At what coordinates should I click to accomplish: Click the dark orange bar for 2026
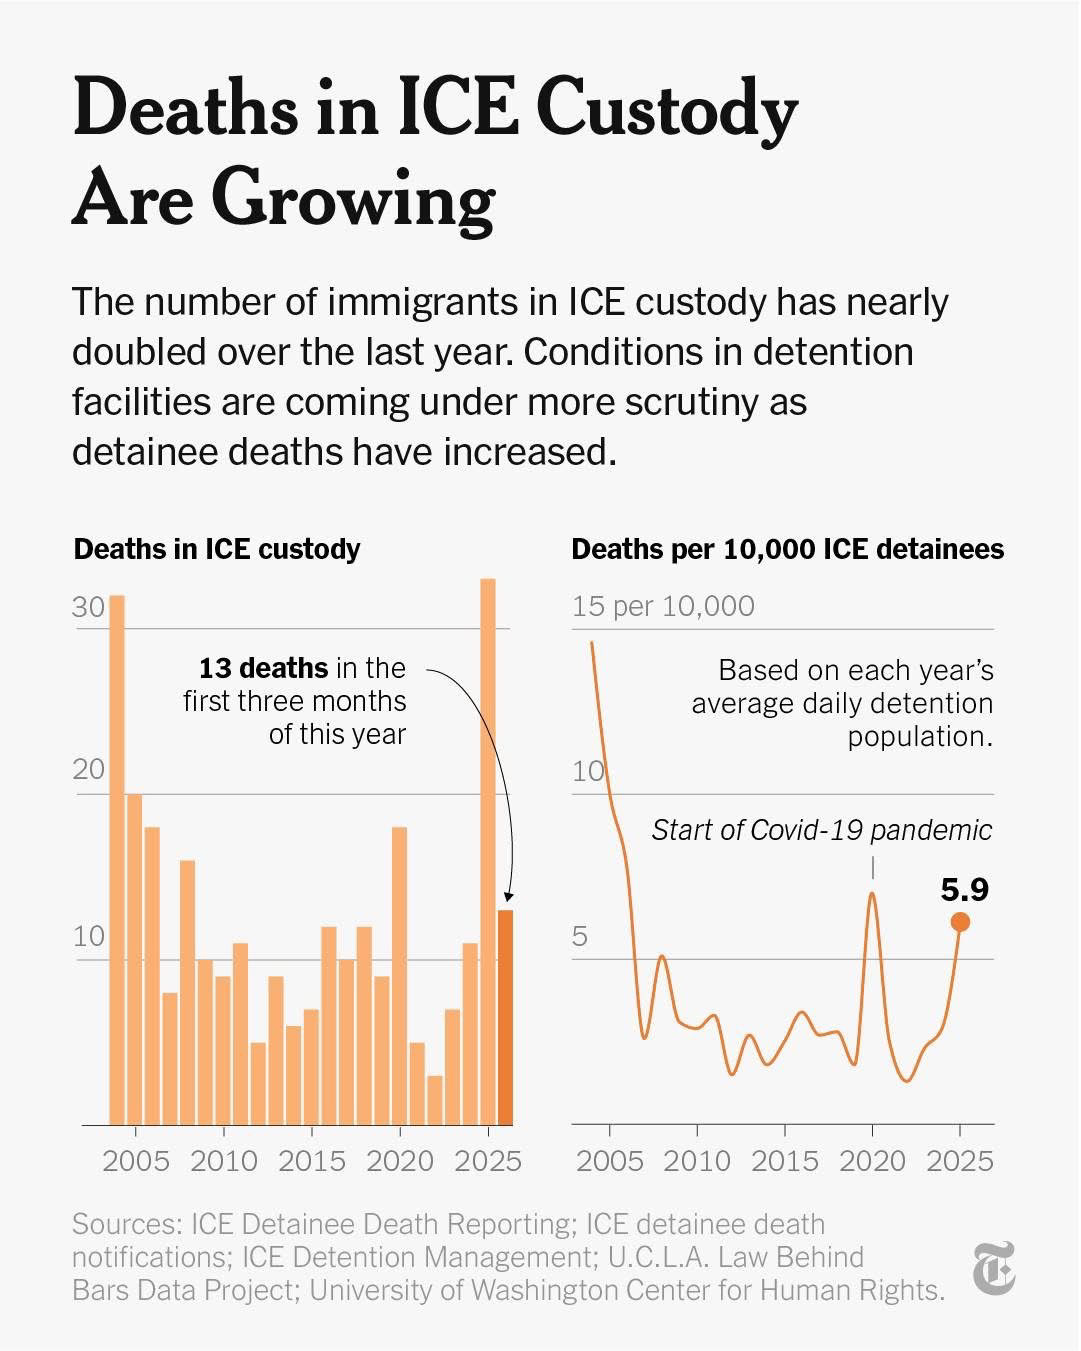tap(506, 1017)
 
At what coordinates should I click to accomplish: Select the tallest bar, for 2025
tap(488, 850)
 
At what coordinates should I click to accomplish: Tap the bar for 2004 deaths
tap(117, 860)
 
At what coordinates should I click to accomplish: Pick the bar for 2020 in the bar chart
tap(400, 975)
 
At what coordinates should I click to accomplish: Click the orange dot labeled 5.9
tap(960, 922)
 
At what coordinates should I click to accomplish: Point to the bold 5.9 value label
tap(964, 889)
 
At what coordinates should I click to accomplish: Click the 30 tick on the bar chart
tap(88, 608)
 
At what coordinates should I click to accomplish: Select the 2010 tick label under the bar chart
tap(223, 1161)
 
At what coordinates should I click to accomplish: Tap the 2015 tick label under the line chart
tap(785, 1161)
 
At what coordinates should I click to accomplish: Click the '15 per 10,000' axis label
tap(663, 606)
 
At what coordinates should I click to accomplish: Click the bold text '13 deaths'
tap(263, 668)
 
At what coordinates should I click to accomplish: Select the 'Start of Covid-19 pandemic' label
tap(822, 830)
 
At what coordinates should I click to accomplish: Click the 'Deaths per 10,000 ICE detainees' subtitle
tap(787, 549)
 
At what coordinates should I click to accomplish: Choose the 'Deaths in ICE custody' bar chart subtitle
tap(217, 549)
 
